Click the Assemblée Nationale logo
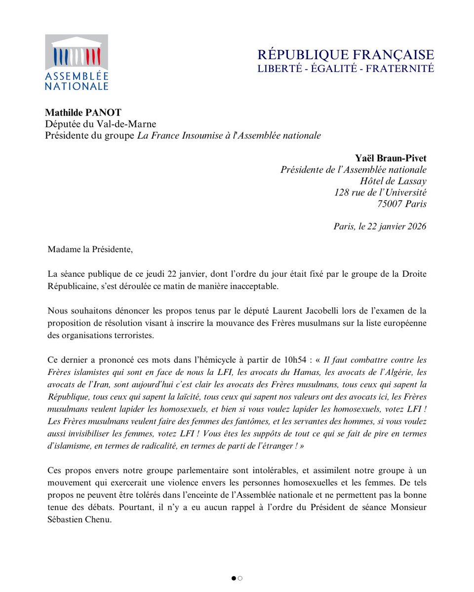[77, 62]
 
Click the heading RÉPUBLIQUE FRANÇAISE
[346, 55]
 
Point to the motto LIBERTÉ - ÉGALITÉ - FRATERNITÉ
[346, 69]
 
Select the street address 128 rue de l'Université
[380, 192]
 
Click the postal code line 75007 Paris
[401, 204]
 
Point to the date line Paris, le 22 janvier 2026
[380, 226]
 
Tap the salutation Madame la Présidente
[90, 250]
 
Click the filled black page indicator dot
[234, 578]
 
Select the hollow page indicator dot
[240, 578]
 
